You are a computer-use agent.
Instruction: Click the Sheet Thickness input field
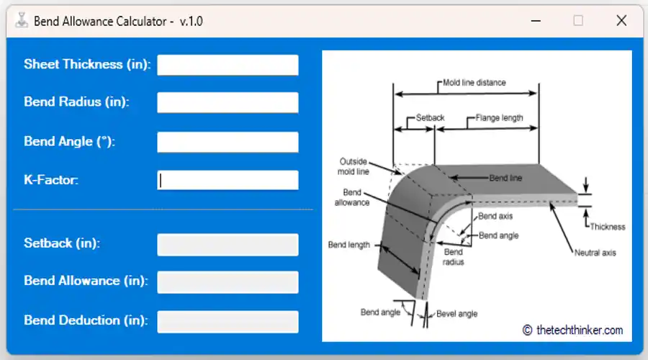(x=228, y=65)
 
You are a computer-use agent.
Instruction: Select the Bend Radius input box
(x=228, y=102)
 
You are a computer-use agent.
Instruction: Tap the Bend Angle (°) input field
(x=228, y=142)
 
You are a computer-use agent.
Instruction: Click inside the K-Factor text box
(x=228, y=180)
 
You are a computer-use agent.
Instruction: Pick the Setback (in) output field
(x=228, y=244)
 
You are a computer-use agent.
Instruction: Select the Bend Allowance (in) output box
(x=228, y=282)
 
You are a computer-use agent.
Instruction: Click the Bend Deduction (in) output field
(x=228, y=321)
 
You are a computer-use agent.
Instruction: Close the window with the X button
(x=621, y=21)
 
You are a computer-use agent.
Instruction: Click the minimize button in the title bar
(x=535, y=21)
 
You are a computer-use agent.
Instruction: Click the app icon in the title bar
(x=22, y=21)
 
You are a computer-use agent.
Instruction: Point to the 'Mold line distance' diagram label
(x=474, y=82)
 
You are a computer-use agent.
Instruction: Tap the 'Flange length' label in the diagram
(x=499, y=118)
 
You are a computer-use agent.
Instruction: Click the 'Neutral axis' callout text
(x=595, y=253)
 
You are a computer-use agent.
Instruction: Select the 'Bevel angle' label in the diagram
(x=456, y=314)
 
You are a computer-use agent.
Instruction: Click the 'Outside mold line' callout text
(x=354, y=166)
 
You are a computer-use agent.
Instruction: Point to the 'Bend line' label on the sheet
(x=505, y=178)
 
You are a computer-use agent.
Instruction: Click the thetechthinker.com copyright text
(x=572, y=330)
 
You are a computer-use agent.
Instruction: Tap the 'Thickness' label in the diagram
(x=607, y=227)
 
